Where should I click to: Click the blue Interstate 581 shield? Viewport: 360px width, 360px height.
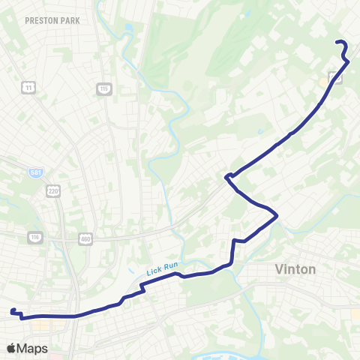36,172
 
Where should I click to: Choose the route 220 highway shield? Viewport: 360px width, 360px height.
52,191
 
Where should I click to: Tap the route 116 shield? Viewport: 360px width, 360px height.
34,238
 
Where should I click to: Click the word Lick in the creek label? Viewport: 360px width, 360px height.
153,272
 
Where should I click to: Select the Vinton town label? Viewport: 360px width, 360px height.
295,269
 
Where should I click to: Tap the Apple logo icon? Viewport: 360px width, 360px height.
11,348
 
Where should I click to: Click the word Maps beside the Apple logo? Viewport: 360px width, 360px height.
32,348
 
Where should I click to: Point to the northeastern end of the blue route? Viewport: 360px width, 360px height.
337,42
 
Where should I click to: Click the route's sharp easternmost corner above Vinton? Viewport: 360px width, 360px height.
277,216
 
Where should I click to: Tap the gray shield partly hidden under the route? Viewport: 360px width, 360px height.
334,78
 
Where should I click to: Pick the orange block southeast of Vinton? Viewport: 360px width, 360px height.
355,315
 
